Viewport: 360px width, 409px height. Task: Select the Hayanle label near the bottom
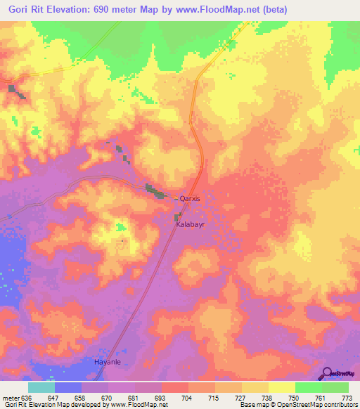click(x=109, y=362)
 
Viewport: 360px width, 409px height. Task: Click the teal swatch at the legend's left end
click(x=41, y=387)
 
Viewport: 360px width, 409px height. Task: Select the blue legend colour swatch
click(x=68, y=387)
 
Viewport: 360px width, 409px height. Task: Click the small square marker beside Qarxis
click(x=176, y=200)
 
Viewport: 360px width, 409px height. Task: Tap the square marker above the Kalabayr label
click(x=178, y=217)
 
